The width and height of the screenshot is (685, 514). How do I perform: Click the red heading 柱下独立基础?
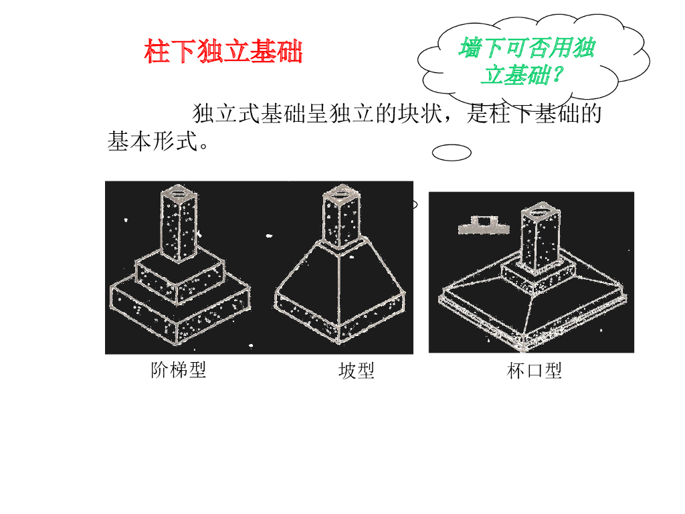223,52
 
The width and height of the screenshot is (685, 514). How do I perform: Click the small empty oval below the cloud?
452,153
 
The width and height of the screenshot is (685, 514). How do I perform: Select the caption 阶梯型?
179,369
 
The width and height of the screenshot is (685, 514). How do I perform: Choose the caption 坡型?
356,371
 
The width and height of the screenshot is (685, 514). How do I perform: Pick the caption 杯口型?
534,371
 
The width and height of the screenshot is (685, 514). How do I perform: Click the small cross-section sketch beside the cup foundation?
480,225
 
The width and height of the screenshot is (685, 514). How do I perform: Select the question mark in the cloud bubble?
555,76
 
